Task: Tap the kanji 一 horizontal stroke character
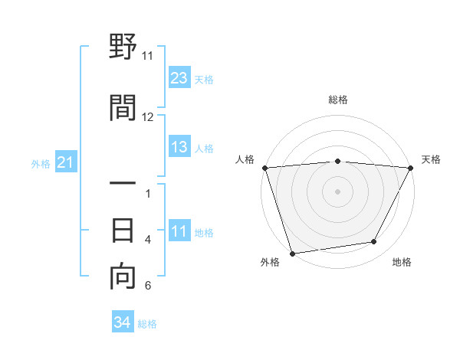123,184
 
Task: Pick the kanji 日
123,230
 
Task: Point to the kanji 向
123,277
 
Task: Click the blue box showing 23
179,78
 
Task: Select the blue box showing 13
179,148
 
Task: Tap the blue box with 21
66,163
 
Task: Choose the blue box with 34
122,323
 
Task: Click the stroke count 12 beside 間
148,117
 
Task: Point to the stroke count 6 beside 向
148,286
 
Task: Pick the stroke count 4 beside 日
148,240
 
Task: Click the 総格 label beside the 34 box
147,324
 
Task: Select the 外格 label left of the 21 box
41,164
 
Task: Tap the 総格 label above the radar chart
337,100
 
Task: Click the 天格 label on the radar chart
432,159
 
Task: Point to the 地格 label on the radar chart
402,263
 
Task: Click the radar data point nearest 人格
264,168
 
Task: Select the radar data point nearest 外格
292,252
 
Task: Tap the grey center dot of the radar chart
337,191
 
